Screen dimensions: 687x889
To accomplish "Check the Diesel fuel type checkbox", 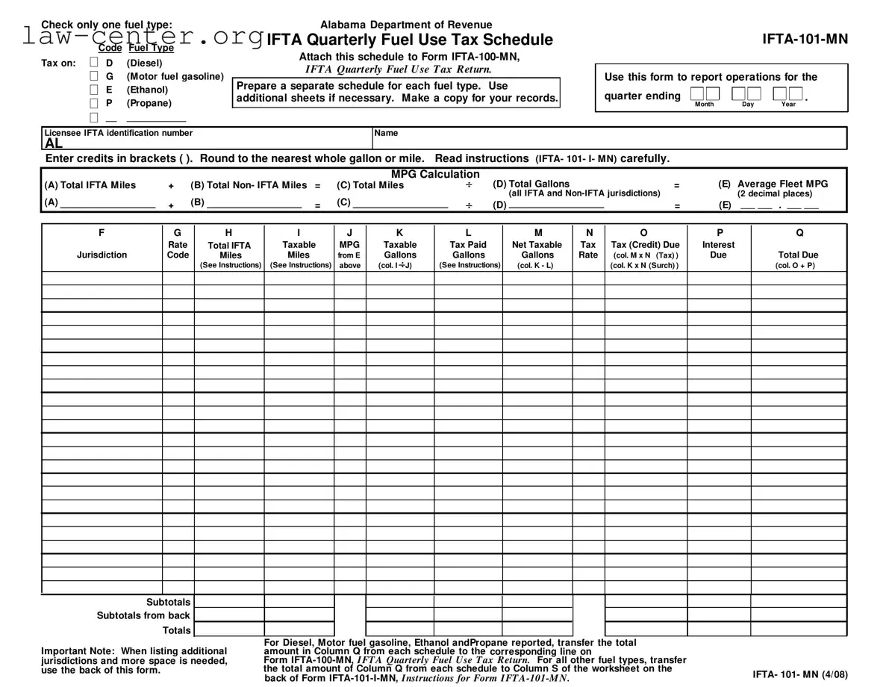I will coord(94,63).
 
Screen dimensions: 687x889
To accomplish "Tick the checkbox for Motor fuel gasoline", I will coord(94,77).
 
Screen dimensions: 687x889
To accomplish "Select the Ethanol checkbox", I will coord(94,90).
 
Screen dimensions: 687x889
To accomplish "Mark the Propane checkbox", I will coord(94,104).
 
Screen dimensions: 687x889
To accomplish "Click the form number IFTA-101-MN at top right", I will coord(805,40).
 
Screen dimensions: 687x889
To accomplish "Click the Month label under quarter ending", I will coord(704,105).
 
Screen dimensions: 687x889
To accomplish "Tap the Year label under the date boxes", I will coord(788,105).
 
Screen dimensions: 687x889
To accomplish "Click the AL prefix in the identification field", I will coord(54,143).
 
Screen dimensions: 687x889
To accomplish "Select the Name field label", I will coord(386,134).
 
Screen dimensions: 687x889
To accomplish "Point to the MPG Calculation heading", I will coord(435,174).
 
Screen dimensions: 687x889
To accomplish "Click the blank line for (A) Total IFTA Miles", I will coord(107,205).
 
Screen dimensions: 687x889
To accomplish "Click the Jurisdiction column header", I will coord(102,255).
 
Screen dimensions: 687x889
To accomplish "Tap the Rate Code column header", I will coord(178,249).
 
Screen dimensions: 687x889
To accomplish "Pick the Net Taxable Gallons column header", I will coord(537,249).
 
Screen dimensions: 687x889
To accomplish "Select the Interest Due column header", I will coord(718,249).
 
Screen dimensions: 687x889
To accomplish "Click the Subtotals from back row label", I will coord(143,616).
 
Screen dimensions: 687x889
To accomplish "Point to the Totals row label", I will coord(176,630).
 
